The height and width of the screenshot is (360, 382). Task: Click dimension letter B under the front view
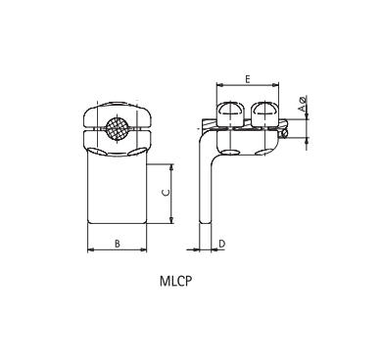118,241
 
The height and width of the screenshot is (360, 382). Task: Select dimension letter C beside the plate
165,193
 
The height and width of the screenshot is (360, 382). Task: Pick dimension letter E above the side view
249,76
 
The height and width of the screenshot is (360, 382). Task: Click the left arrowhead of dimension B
91,249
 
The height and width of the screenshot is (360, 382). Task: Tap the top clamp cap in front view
117,112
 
